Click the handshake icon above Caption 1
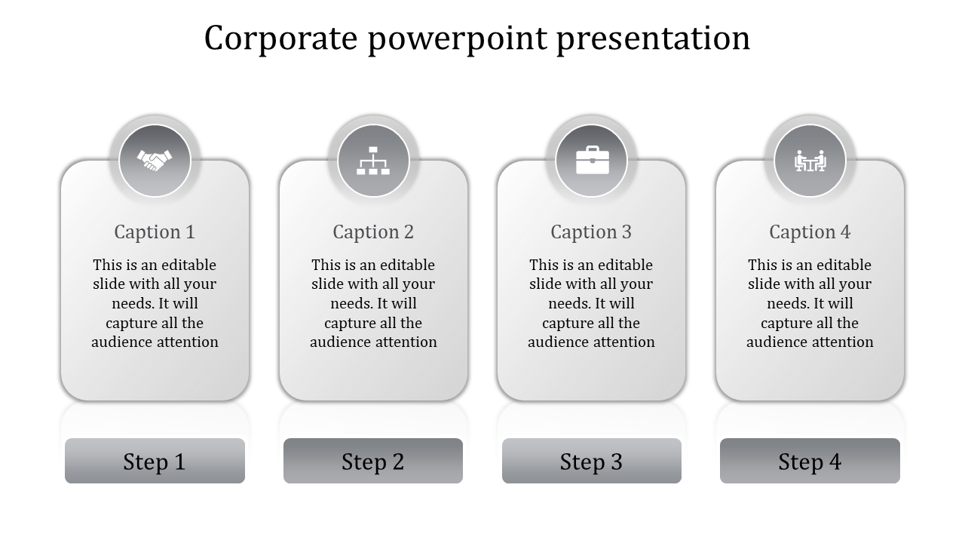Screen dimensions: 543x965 click(x=155, y=160)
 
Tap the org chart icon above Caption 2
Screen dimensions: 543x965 click(x=373, y=160)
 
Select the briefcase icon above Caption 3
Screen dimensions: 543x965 click(x=592, y=160)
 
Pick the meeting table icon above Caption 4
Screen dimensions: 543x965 click(x=810, y=160)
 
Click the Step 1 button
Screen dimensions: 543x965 click(x=155, y=461)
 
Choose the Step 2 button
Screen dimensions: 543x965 click(x=373, y=461)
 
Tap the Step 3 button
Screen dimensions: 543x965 click(x=592, y=461)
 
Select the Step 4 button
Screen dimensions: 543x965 click(x=810, y=461)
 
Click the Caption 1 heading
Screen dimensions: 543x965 click(x=155, y=232)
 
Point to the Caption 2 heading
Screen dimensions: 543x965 click(x=373, y=232)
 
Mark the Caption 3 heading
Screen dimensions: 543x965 click(x=591, y=232)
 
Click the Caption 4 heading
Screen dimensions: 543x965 click(x=810, y=232)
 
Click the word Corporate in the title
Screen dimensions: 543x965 click(x=280, y=38)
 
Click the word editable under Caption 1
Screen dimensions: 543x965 click(x=188, y=265)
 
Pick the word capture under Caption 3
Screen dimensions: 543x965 click(x=567, y=323)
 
